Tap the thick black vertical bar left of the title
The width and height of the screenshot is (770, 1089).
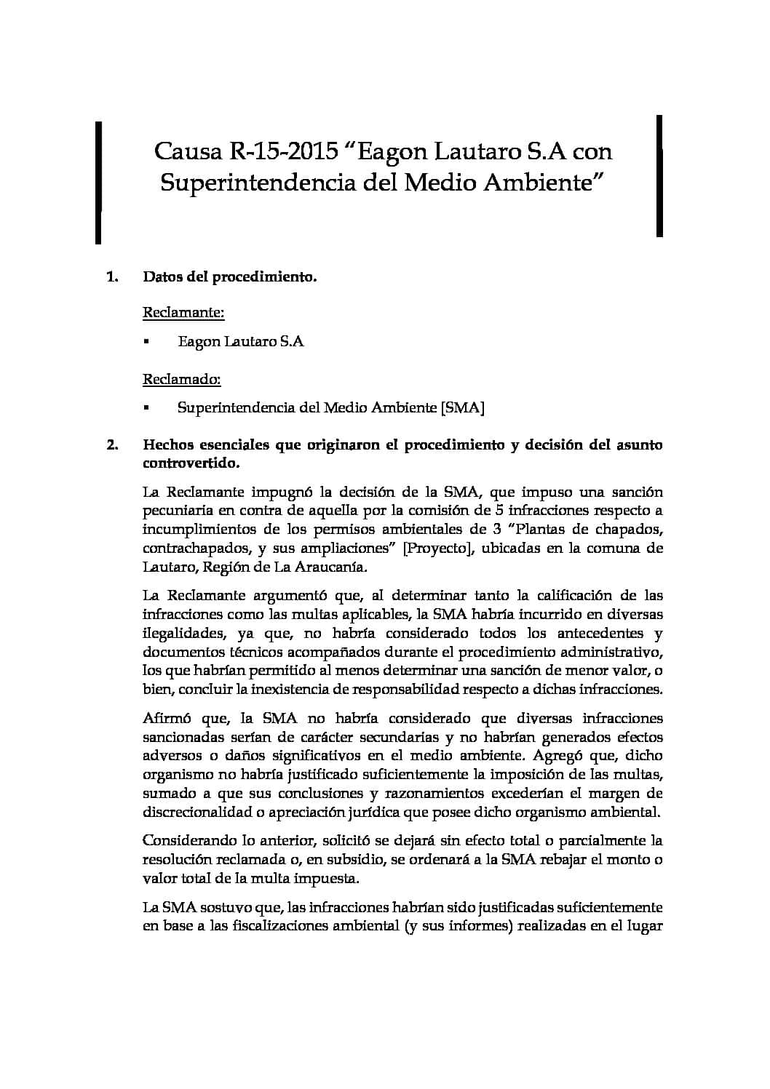(98, 182)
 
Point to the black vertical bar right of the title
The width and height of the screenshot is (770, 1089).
(659, 175)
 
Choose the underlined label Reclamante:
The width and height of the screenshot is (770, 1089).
(183, 313)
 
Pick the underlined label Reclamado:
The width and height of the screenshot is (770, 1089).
(182, 379)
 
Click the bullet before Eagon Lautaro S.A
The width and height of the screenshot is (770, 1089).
(146, 341)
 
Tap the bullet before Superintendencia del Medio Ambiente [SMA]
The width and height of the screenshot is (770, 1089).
(146, 408)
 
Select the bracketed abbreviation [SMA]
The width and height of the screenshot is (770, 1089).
(463, 407)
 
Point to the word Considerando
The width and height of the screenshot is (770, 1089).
(188, 840)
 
